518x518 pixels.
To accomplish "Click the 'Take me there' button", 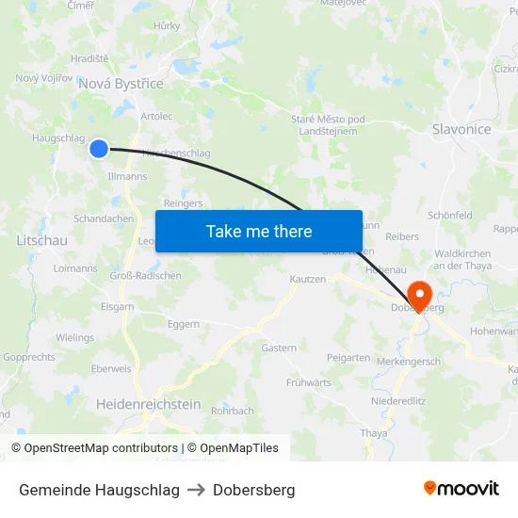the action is point(259,231).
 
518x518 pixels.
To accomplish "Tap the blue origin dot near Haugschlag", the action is point(99,148).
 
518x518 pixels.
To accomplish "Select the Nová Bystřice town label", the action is point(121,84).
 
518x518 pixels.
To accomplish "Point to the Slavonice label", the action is point(461,129).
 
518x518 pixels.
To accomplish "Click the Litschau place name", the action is point(41,240).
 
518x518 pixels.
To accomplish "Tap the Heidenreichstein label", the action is point(149,404).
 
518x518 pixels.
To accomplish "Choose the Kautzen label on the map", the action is point(308,280).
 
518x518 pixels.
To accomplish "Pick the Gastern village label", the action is point(279,348).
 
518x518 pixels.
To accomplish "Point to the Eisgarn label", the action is point(117,306).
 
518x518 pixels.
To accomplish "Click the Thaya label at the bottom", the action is point(374,433).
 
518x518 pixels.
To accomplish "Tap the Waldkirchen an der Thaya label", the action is point(462,260).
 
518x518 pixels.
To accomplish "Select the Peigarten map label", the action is point(348,358).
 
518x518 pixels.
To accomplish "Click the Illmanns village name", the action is point(128,176).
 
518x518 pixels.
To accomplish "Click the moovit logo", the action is point(461,489).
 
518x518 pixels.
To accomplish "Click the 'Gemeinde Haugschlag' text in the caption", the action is point(99,490).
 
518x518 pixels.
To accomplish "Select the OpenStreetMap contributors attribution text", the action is point(95,448).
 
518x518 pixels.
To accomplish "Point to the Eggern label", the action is point(184,324).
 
